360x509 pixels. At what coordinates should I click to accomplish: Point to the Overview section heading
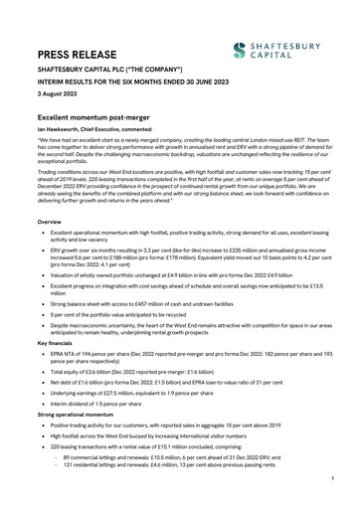52,222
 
